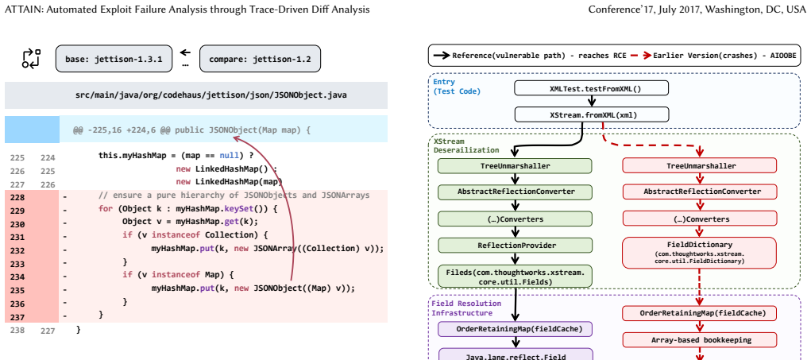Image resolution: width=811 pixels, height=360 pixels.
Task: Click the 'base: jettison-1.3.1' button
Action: coord(114,59)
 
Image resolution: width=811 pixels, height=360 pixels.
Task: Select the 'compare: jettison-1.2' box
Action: coord(261,59)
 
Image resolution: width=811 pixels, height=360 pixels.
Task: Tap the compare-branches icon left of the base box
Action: coord(31,59)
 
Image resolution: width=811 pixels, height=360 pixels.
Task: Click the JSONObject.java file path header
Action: coord(211,95)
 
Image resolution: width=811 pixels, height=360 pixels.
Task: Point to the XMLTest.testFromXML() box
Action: coord(591,88)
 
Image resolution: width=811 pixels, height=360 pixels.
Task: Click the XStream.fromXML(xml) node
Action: coord(591,114)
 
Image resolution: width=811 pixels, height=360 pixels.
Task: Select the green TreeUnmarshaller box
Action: coord(516,166)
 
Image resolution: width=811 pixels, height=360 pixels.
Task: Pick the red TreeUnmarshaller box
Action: coord(699,166)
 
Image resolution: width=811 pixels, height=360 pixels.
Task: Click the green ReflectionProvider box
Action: coord(516,246)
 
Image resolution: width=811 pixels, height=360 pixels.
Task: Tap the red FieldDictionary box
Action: coord(699,253)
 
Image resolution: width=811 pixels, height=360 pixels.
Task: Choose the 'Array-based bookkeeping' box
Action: coord(699,340)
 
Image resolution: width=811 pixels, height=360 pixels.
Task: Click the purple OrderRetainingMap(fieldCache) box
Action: coord(516,329)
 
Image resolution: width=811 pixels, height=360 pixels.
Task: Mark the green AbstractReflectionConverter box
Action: coord(516,192)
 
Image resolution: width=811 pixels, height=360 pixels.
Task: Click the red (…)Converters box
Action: coord(699,219)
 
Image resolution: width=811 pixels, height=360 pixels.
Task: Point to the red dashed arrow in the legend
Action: coord(640,56)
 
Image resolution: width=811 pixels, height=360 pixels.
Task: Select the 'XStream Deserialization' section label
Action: coord(466,146)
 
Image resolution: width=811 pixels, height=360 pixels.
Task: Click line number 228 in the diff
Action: coord(17,197)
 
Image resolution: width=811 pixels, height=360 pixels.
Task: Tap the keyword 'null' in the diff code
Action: coord(229,155)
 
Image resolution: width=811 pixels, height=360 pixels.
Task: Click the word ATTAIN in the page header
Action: coord(24,10)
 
